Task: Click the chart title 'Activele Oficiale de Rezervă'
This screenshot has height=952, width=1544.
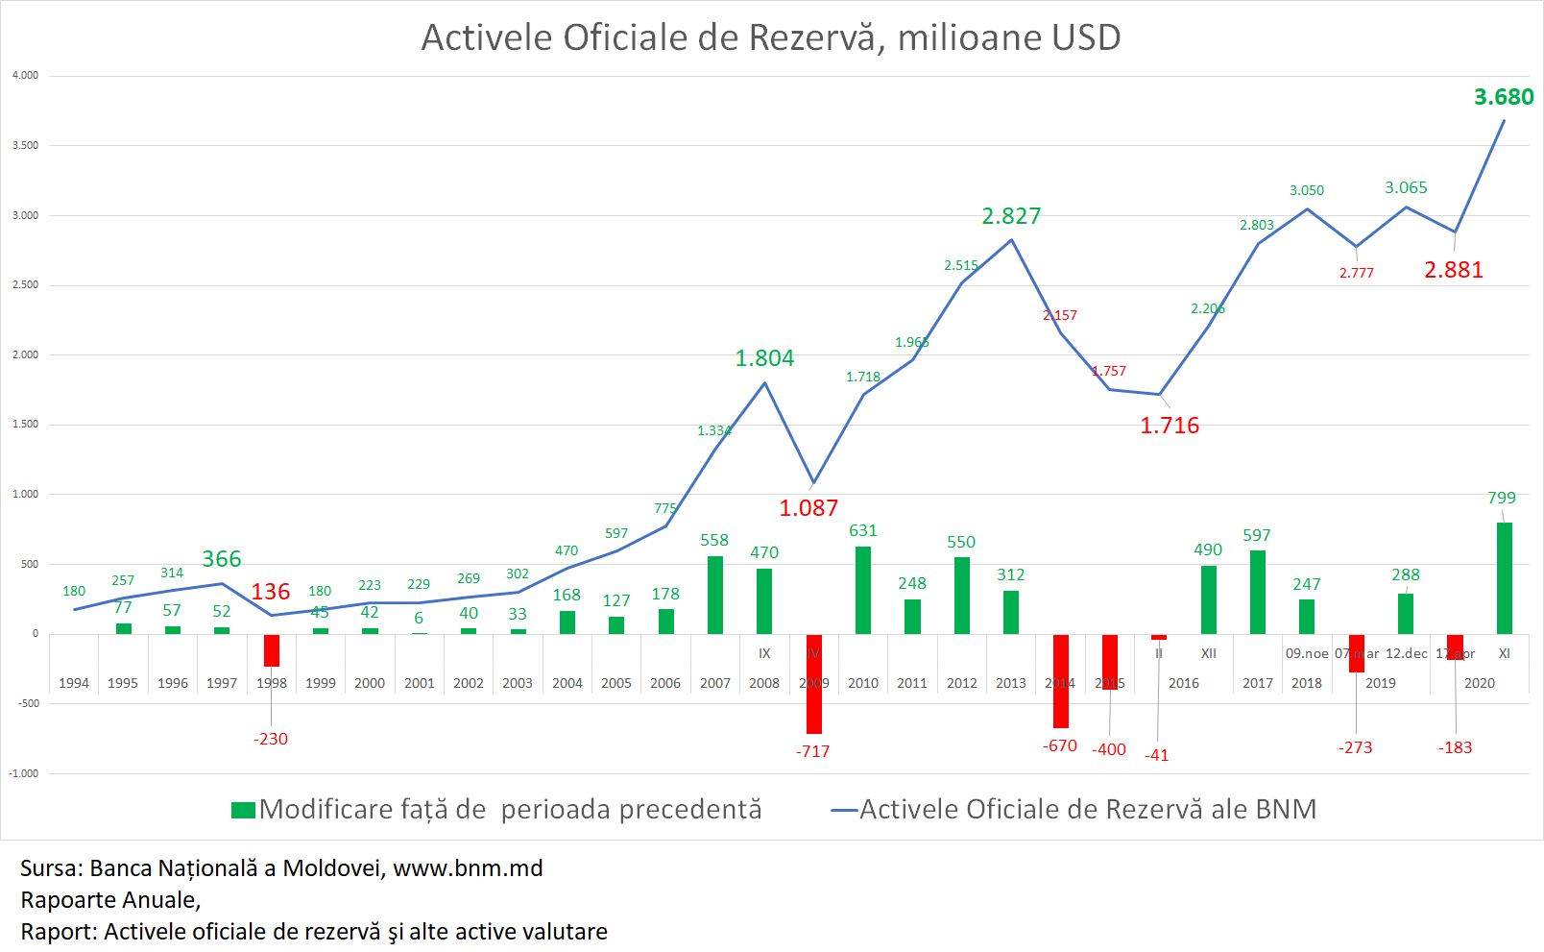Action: (770, 38)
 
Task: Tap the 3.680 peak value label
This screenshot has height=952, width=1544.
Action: (1503, 97)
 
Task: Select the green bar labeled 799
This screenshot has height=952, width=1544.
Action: (1504, 577)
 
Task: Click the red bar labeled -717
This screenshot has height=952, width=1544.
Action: (813, 683)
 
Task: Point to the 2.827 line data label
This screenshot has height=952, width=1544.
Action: (1010, 216)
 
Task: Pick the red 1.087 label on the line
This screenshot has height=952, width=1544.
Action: (808, 508)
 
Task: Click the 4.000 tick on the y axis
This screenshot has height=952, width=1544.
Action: (26, 76)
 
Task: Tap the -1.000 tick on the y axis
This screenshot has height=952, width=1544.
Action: (24, 773)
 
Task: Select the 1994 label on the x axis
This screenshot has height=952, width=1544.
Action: (74, 683)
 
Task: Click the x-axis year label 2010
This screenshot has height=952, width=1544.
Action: (862, 683)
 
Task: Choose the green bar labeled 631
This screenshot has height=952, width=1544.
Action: (862, 590)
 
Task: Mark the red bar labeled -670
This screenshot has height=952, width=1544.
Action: (1060, 680)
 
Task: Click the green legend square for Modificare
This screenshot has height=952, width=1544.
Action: (243, 810)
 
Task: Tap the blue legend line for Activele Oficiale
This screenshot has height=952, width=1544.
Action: (843, 810)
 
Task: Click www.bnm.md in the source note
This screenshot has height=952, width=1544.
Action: (468, 868)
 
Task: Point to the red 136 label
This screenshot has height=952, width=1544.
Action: (270, 592)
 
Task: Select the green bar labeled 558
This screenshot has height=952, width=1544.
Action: (714, 595)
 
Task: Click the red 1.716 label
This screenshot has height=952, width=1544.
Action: (1169, 426)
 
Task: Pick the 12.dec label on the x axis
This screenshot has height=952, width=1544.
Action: (1406, 653)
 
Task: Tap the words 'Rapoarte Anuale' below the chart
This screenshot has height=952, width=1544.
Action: (109, 900)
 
